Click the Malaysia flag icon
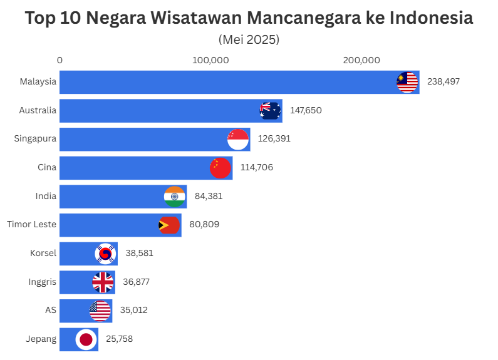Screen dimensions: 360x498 click(407, 82)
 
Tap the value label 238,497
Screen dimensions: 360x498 click(444, 82)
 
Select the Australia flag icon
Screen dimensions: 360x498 click(270, 111)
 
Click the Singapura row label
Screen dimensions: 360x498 click(35, 139)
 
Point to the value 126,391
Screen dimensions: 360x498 click(273, 139)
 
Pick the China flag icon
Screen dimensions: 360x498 click(220, 168)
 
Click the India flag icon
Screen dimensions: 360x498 click(174, 197)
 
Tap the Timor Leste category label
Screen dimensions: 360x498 click(31, 224)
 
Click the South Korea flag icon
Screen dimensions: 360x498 click(105, 254)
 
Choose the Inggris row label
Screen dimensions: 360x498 click(43, 282)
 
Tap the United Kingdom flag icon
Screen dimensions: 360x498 click(103, 282)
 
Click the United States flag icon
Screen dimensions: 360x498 click(100, 311)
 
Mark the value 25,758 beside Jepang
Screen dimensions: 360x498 click(119, 339)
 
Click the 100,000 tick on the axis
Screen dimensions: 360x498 click(210, 60)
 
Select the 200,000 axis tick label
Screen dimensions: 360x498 click(361, 60)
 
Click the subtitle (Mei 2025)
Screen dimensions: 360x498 click(249, 39)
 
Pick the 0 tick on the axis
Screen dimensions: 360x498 click(60, 60)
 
